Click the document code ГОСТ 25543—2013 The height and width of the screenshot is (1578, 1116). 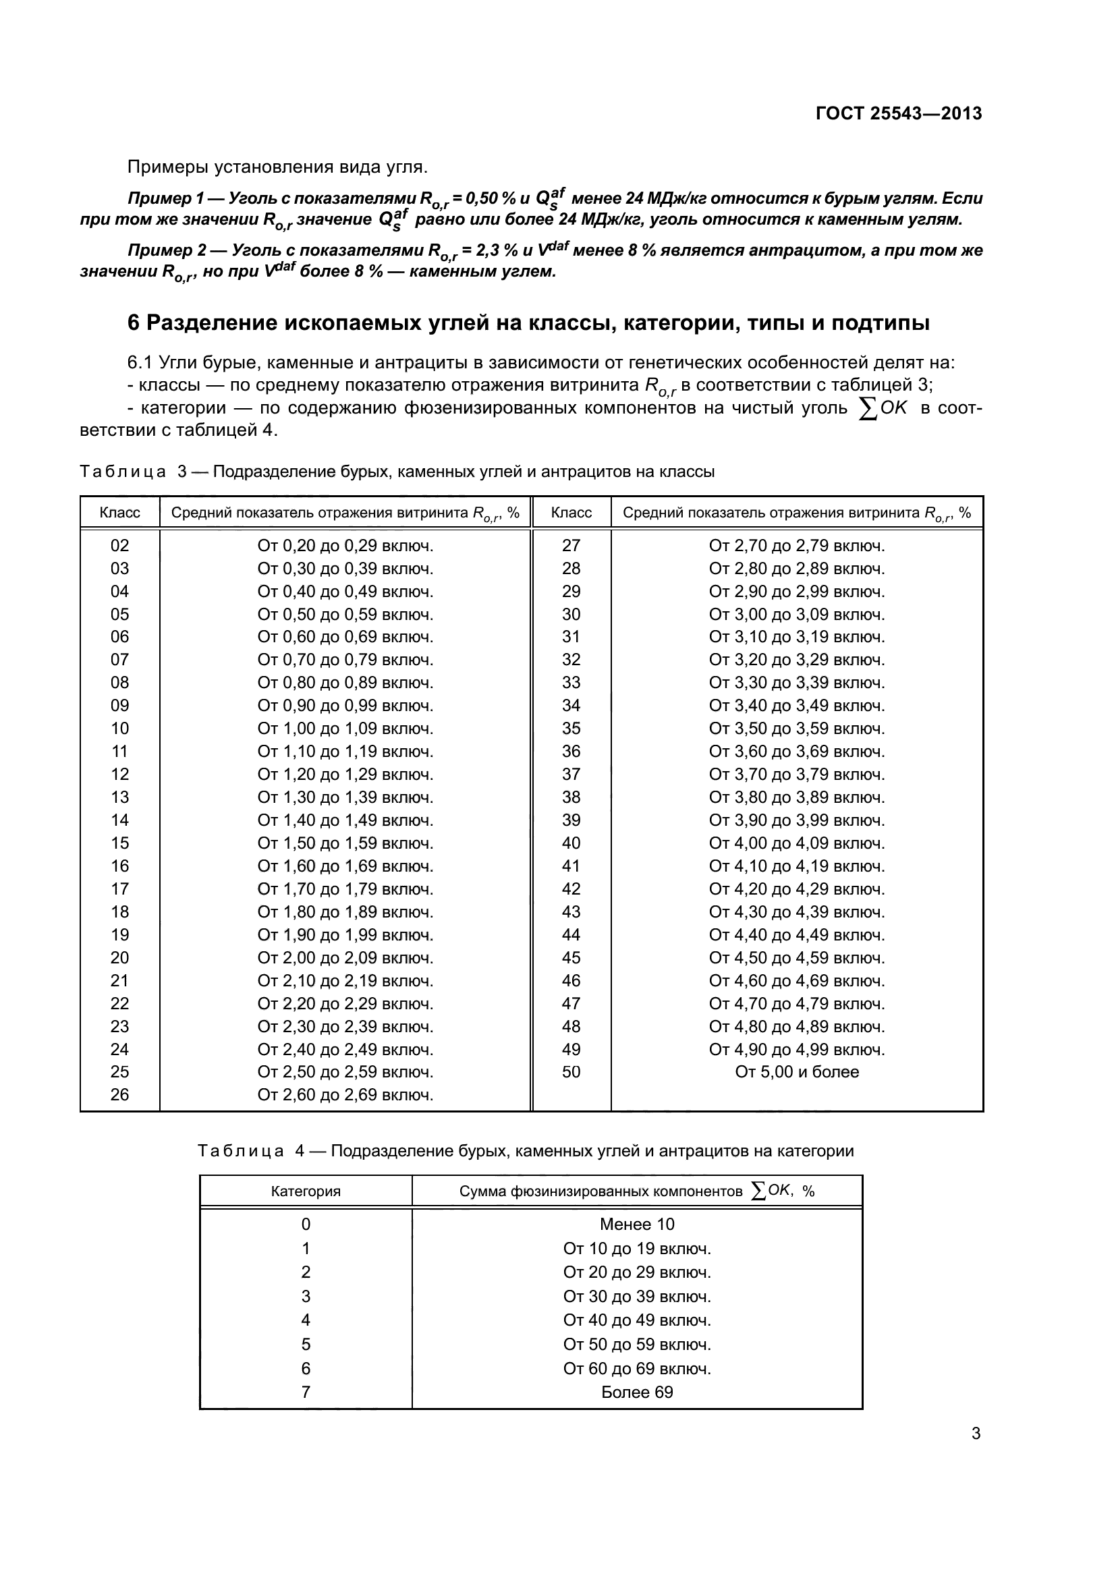[x=898, y=114]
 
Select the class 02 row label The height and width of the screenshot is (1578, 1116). [x=119, y=546]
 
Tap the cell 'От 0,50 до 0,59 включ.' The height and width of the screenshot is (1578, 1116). [x=345, y=615]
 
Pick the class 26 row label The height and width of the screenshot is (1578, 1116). [x=119, y=1095]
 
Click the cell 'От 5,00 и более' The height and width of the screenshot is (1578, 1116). [x=796, y=1072]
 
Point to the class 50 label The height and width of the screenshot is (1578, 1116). [x=571, y=1072]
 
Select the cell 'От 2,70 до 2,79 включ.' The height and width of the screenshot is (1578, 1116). [x=796, y=546]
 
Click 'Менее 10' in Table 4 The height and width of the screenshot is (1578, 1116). [x=636, y=1224]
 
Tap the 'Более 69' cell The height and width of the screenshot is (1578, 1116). [x=636, y=1392]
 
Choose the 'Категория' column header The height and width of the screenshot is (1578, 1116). [x=306, y=1191]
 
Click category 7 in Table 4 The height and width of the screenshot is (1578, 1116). [x=306, y=1392]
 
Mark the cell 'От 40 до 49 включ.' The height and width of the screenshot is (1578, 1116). [x=636, y=1320]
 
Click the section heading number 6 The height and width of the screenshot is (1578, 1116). [x=134, y=323]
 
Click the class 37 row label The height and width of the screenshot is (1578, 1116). [x=571, y=774]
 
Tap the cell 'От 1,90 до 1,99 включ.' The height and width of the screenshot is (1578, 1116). [x=345, y=934]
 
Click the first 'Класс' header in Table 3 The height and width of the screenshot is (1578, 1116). [x=119, y=513]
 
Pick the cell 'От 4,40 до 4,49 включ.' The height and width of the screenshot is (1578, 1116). [x=796, y=934]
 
